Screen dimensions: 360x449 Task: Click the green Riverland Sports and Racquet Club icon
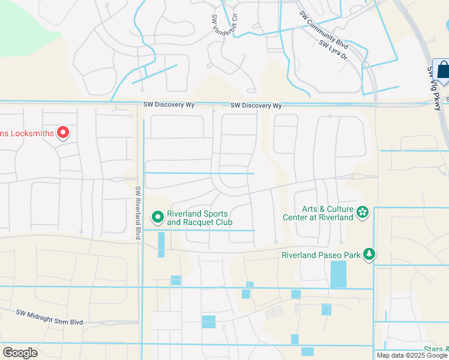point(157,216)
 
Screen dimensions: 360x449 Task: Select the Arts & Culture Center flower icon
point(363,212)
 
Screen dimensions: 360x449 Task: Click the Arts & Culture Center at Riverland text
point(327,213)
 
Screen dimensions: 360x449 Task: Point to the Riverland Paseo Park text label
point(321,255)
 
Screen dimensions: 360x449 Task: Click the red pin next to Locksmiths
point(62,133)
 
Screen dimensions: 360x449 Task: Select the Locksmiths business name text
point(27,133)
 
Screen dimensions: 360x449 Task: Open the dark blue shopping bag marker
point(443,71)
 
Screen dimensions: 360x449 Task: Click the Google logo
point(20,352)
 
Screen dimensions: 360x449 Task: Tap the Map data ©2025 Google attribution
point(411,355)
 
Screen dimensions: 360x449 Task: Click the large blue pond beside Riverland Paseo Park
point(339,274)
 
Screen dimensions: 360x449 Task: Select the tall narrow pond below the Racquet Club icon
point(161,245)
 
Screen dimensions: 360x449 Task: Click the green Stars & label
point(436,349)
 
